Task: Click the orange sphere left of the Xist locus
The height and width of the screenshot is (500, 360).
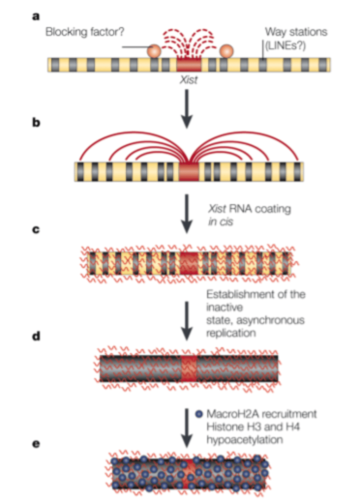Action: click(x=154, y=51)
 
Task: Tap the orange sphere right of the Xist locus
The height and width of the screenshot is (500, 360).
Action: click(x=226, y=51)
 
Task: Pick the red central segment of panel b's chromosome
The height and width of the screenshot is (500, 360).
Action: click(x=188, y=171)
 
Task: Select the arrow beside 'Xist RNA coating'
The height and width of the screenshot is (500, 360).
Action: click(x=188, y=212)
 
